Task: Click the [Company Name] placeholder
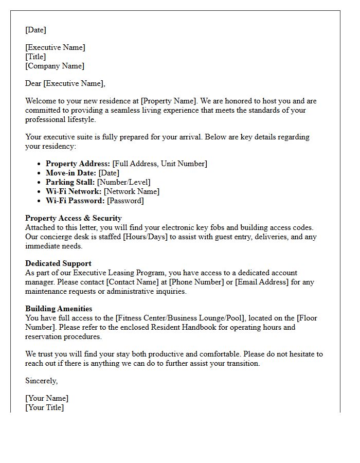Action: (55, 66)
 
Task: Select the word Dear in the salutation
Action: (33, 83)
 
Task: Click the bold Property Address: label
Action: (78, 164)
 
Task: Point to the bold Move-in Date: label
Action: (71, 173)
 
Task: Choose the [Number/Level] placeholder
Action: (123, 182)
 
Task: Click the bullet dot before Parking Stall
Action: (40, 182)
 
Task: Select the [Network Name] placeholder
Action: (131, 191)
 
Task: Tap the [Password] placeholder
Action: (125, 201)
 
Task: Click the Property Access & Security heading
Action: (74, 218)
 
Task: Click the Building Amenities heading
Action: (59, 309)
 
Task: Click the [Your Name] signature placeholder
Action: (47, 398)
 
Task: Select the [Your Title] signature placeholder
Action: (45, 407)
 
